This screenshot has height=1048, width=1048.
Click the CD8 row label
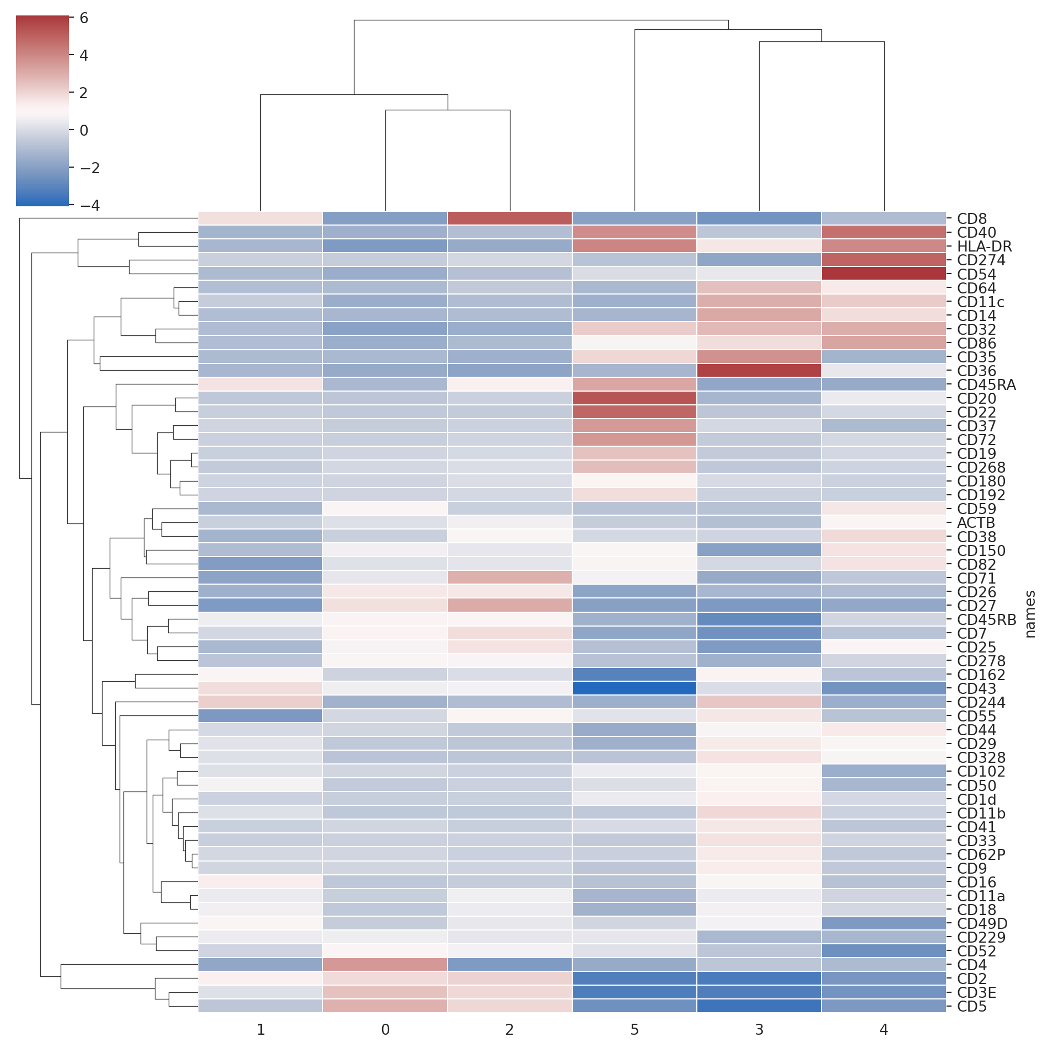coord(971,219)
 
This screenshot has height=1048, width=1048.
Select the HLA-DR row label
coord(984,247)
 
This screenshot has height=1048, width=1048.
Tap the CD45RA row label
coord(986,385)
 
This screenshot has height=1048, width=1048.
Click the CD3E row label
coord(976,993)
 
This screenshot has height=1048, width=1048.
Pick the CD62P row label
coord(981,854)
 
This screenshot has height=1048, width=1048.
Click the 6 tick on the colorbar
coord(84,18)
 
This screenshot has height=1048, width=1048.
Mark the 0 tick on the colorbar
coord(84,131)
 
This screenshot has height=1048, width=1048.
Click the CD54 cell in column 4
coord(884,274)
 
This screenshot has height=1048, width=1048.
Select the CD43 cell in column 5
coord(635,688)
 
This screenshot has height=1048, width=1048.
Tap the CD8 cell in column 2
coord(510,218)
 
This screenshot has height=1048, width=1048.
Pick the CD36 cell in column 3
coord(759,370)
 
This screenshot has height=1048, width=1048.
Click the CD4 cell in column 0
coord(385,964)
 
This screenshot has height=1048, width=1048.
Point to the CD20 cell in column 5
coord(635,398)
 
